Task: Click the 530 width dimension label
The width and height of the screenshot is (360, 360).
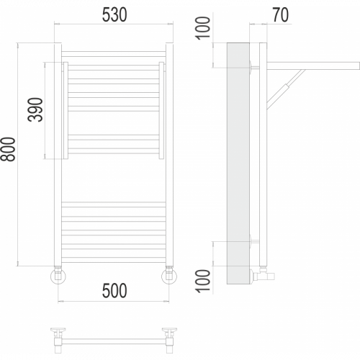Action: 114,15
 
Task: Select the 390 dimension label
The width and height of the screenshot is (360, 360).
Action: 35,109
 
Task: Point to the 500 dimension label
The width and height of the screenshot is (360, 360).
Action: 114,291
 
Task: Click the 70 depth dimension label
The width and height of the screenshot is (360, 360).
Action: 281,15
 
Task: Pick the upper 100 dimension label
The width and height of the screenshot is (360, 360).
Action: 203,28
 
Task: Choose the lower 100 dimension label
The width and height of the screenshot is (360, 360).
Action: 203,281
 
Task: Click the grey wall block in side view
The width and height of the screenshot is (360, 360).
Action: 238,163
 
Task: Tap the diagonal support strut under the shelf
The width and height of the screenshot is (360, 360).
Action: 286,89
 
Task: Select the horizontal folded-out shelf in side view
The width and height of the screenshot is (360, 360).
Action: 313,66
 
